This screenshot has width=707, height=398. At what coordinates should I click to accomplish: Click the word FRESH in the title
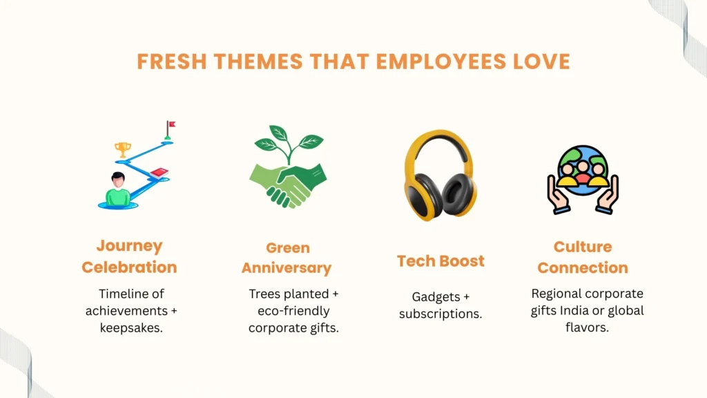click(172, 61)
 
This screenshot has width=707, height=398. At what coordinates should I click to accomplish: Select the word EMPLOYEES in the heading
click(441, 61)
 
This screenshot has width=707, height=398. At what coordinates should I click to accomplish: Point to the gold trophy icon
click(123, 150)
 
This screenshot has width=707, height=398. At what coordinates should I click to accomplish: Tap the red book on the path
click(159, 173)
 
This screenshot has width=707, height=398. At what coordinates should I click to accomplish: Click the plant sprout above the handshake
click(289, 144)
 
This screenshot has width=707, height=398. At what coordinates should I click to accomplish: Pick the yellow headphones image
click(440, 176)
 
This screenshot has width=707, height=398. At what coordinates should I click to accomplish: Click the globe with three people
click(583, 171)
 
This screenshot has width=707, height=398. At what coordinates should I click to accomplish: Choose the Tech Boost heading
click(440, 260)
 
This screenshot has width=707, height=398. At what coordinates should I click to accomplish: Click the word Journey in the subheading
click(129, 246)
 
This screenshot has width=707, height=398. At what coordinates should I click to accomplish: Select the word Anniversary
click(287, 268)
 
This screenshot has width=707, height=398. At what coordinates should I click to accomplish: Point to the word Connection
click(583, 268)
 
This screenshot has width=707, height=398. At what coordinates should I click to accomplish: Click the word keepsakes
click(131, 328)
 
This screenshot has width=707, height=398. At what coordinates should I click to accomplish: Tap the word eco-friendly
click(293, 311)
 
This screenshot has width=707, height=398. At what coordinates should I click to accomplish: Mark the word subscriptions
click(440, 314)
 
